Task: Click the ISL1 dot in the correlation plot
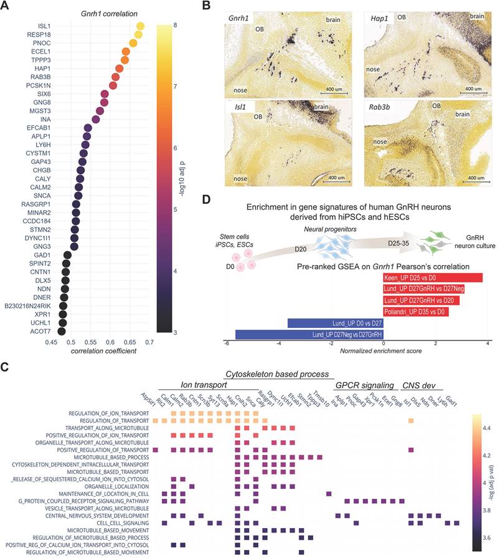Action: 140,26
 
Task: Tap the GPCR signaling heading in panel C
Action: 364,384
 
